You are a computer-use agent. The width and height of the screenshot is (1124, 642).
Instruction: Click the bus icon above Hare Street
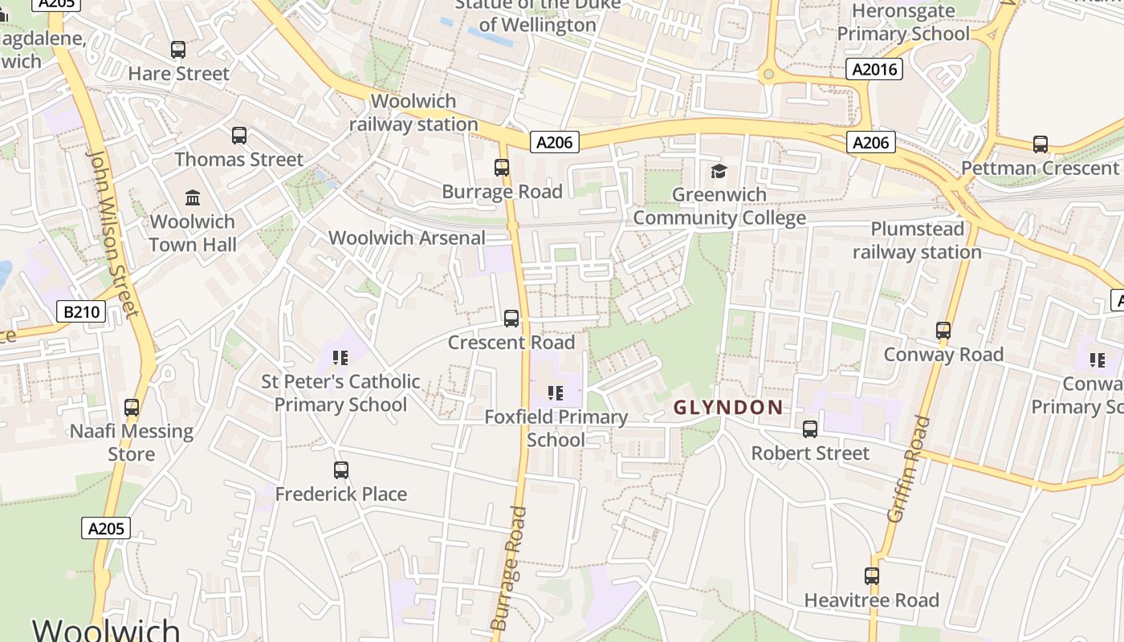(178, 50)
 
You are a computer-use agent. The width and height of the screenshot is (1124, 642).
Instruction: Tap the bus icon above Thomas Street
(239, 136)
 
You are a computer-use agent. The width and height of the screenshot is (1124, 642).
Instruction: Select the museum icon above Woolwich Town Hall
(193, 197)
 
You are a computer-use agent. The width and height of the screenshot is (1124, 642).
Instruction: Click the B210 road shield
(82, 311)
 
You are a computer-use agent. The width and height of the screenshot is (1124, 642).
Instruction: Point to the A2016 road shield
(874, 69)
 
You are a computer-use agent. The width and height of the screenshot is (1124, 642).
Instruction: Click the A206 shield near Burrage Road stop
(554, 142)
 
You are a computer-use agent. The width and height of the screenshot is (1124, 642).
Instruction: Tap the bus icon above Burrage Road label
(502, 168)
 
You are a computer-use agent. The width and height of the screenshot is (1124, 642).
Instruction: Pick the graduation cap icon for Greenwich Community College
(719, 170)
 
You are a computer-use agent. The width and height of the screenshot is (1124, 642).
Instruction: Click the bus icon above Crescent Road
(511, 319)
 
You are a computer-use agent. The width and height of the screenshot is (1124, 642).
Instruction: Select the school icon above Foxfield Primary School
(555, 393)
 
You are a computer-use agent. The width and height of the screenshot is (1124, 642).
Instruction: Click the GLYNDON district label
(728, 408)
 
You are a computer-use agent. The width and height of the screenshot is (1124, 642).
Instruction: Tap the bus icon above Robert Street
(810, 429)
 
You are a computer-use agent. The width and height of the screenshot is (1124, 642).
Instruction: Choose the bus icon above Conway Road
(943, 331)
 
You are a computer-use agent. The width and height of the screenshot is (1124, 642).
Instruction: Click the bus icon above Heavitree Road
(872, 576)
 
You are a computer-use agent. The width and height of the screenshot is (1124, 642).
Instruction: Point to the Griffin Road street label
(908, 469)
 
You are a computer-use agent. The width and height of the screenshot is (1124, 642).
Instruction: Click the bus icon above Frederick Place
(341, 470)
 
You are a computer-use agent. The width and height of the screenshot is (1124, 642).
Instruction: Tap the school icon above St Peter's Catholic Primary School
(340, 357)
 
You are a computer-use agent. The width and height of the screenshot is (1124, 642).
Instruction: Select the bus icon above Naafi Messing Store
(132, 408)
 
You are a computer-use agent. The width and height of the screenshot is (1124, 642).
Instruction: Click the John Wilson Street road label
(113, 233)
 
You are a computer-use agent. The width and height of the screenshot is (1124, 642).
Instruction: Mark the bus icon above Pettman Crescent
(1041, 144)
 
